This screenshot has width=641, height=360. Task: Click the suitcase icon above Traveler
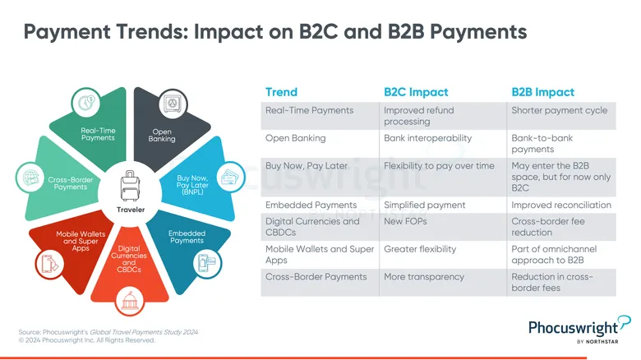click(130, 186)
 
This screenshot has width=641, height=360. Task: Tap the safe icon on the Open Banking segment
click(173, 104)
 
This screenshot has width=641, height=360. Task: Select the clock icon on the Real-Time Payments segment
click(85, 102)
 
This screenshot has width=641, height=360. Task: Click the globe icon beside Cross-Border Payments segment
click(30, 178)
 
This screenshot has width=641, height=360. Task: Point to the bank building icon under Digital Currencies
click(130, 302)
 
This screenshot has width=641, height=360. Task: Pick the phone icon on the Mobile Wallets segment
click(50, 264)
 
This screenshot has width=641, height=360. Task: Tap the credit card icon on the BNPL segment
click(230, 178)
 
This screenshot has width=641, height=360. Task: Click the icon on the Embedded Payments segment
click(207, 263)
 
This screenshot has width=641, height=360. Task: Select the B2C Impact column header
click(416, 92)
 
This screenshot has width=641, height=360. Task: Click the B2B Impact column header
click(543, 92)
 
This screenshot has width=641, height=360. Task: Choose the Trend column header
click(281, 92)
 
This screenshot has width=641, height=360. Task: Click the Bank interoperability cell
click(427, 138)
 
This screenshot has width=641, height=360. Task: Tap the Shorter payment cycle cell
click(560, 110)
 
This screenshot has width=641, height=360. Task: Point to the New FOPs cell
click(405, 221)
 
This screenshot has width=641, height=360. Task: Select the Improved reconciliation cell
click(561, 205)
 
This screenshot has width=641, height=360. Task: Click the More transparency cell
click(424, 277)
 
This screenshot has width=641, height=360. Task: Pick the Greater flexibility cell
click(420, 249)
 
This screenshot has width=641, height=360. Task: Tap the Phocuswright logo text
click(573, 328)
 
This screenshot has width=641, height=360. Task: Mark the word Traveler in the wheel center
click(131, 210)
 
